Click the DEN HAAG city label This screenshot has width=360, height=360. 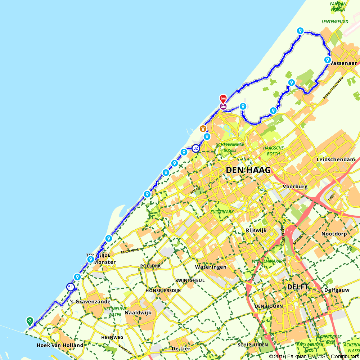click(x=248, y=170)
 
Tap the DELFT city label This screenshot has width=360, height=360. click(x=297, y=287)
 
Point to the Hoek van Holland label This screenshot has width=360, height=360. click(x=60, y=345)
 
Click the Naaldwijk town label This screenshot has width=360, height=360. click(x=138, y=312)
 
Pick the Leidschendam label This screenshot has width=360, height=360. click(x=336, y=159)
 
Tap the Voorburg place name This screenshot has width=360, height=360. click(x=295, y=186)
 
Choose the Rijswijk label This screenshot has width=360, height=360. click(x=255, y=230)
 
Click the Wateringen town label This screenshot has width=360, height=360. click(x=211, y=267)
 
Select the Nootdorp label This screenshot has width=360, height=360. click(x=334, y=234)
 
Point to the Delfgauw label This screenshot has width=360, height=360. click(x=337, y=290)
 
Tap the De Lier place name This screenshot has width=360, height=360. click(x=181, y=349)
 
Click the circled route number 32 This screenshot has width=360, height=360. click(x=195, y=148)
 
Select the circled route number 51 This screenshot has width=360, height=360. click(x=71, y=287)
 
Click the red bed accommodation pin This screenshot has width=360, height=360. click(x=223, y=98)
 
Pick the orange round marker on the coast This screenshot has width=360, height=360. click(x=203, y=128)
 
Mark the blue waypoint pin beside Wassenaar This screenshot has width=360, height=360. click(x=327, y=59)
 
